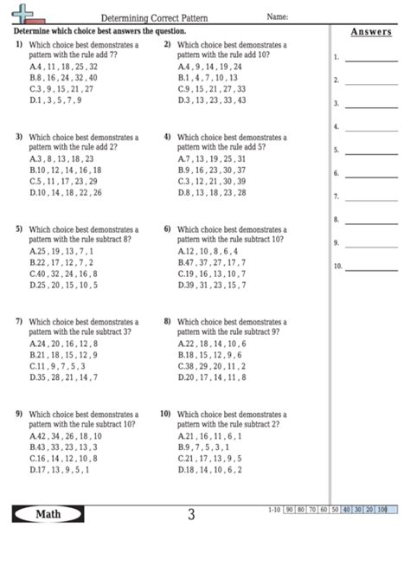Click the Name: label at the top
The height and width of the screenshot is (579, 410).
coord(278,16)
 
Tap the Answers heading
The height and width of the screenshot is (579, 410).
coord(371,33)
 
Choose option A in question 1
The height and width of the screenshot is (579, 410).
coord(63,66)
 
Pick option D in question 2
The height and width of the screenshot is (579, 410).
coord(212,100)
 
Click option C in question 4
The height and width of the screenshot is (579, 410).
coord(212,182)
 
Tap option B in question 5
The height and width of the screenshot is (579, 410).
coord(61,262)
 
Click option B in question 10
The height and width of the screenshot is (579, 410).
coord(208,447)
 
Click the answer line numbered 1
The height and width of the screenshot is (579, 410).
coord(371,59)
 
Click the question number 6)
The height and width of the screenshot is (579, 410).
coord(167,228)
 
